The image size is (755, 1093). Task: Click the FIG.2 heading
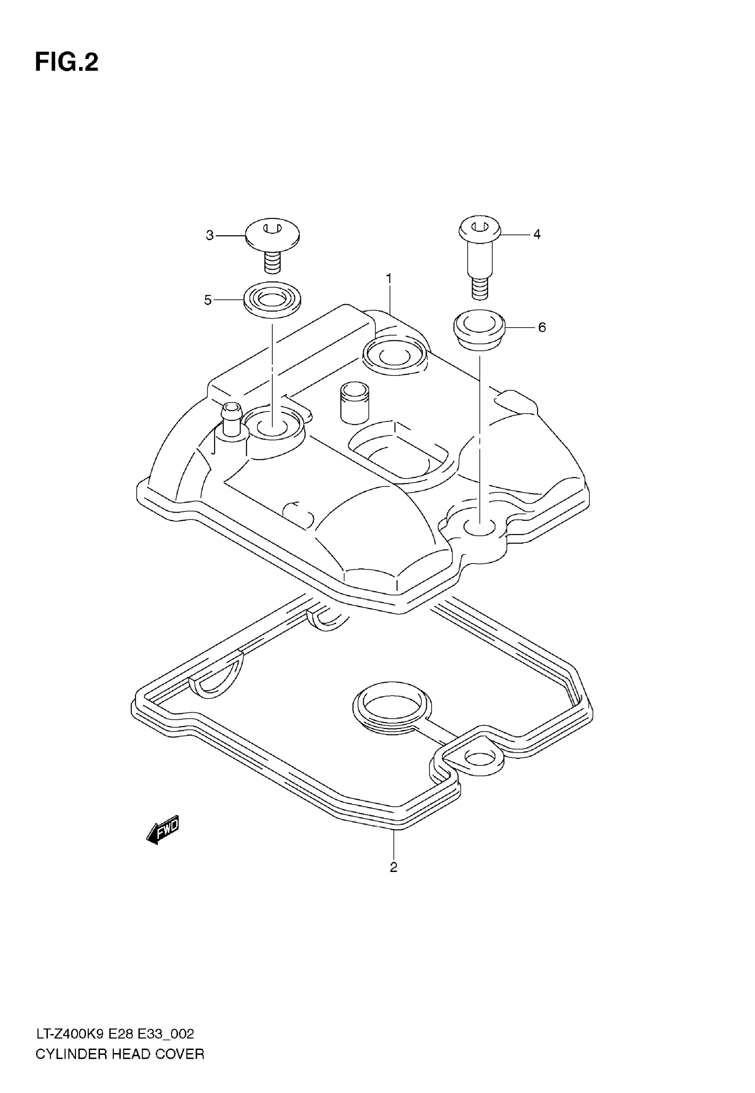[67, 63]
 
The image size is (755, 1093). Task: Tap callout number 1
[389, 279]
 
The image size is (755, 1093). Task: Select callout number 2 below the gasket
[393, 867]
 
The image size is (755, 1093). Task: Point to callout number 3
[210, 235]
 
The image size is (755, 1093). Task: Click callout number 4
[536, 234]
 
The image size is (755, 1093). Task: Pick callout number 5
[208, 300]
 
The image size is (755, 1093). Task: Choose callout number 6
[542, 327]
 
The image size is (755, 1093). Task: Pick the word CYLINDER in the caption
[65, 1054]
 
